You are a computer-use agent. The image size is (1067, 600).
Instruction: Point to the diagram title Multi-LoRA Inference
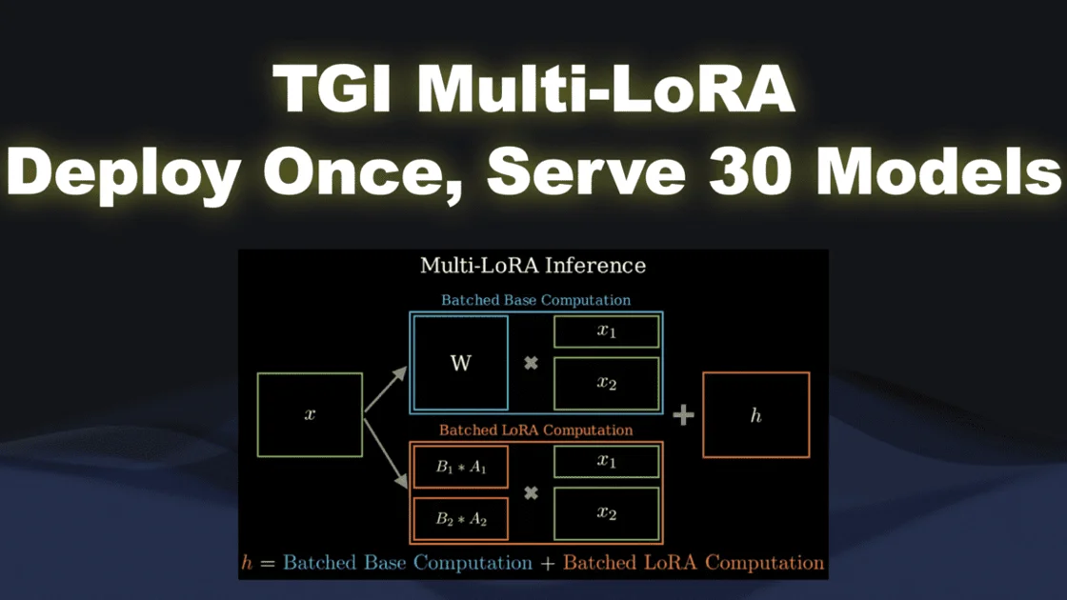click(x=533, y=266)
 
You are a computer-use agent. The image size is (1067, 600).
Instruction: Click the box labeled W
click(x=460, y=363)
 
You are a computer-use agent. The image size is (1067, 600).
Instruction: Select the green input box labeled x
click(x=310, y=415)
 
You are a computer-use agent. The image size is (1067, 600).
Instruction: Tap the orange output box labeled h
click(x=755, y=415)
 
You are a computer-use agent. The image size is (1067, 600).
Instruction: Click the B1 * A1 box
click(x=460, y=467)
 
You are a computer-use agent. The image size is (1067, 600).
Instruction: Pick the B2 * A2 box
click(x=460, y=519)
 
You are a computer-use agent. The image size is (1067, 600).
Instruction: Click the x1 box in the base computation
click(x=607, y=331)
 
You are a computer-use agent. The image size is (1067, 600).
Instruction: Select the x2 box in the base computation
click(x=607, y=383)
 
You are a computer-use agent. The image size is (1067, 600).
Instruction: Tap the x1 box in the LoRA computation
click(x=607, y=462)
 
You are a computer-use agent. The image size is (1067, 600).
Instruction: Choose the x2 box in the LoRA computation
click(x=607, y=513)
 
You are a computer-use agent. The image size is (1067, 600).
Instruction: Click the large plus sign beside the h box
click(x=683, y=415)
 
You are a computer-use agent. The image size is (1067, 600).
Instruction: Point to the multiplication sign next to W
click(x=532, y=363)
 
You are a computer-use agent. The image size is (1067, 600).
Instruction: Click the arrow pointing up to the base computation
click(x=385, y=390)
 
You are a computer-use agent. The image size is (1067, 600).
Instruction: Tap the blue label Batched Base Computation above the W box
click(x=535, y=300)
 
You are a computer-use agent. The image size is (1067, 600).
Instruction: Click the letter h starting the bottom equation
click(x=248, y=563)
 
